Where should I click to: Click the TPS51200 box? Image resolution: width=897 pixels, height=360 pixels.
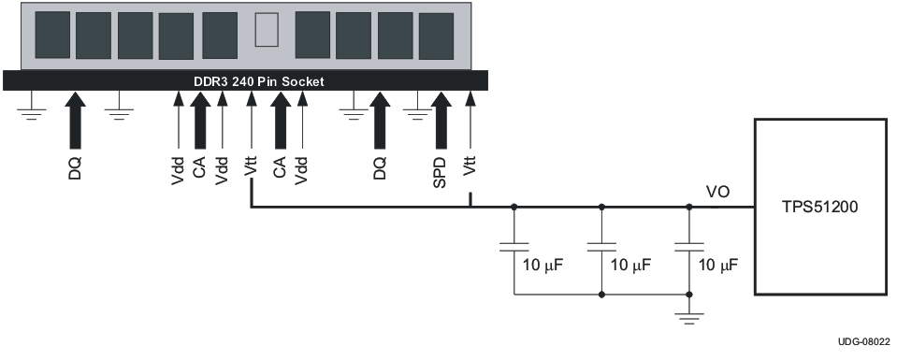tap(820, 207)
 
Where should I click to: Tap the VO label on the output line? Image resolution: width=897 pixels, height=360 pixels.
tap(717, 193)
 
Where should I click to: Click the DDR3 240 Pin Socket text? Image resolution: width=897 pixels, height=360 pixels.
tap(258, 82)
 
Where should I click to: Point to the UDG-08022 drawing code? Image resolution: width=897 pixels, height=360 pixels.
tap(864, 341)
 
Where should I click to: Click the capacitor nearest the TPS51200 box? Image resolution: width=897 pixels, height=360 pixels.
tap(688, 247)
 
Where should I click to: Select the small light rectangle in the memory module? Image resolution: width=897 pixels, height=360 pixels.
tap(267, 30)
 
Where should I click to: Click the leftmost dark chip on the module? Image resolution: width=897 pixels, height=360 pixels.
tap(52, 35)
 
